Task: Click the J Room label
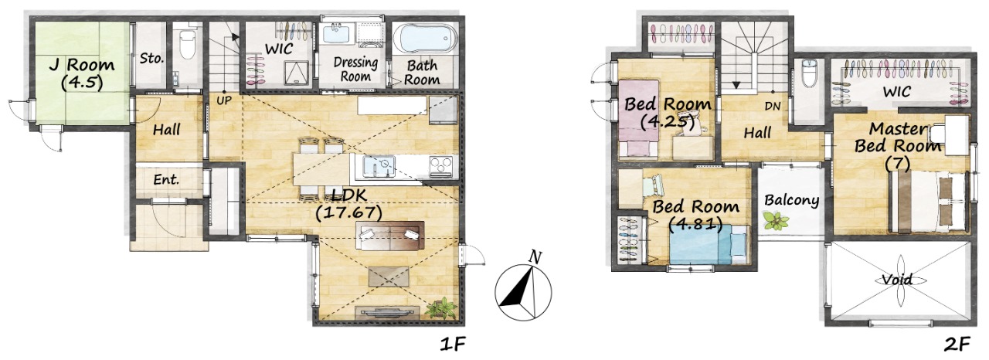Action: pos(82,65)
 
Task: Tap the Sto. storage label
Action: pos(151,58)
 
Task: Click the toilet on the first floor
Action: pos(188,44)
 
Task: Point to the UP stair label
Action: pos(224,100)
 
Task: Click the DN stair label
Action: pos(772,107)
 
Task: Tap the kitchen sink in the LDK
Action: pos(379,167)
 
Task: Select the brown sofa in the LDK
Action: pos(390,236)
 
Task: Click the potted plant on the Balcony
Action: pos(776,221)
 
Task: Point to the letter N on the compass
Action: pos(535,256)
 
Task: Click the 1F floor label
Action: pos(453,344)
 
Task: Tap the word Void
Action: pos(897,280)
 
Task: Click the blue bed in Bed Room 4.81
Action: pos(709,244)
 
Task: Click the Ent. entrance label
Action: pos(166,179)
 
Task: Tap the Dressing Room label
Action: pos(355,69)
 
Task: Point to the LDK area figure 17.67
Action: pos(348,213)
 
